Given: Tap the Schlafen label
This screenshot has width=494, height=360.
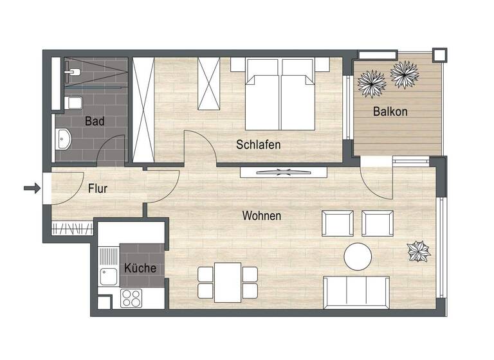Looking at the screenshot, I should (258, 145).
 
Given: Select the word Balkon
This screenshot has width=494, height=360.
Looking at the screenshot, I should (390, 111).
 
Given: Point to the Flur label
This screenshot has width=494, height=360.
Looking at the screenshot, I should (97, 189).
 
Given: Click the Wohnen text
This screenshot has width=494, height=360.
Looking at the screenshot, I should (261, 216).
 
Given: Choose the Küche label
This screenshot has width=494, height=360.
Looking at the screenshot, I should (140, 268).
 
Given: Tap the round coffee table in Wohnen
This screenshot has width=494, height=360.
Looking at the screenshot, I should (358, 257).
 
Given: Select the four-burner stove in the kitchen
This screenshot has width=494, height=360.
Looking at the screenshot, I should (131, 298).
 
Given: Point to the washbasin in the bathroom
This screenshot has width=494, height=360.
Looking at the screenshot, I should (64, 138).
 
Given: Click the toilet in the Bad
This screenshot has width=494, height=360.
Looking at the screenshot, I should (73, 103).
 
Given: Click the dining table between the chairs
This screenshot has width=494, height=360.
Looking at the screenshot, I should (227, 280).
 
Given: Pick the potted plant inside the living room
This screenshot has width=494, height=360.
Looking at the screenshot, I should (419, 251).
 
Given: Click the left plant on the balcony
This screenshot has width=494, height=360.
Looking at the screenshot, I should (372, 82).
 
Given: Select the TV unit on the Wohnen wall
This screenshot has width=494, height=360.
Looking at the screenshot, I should (284, 172).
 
